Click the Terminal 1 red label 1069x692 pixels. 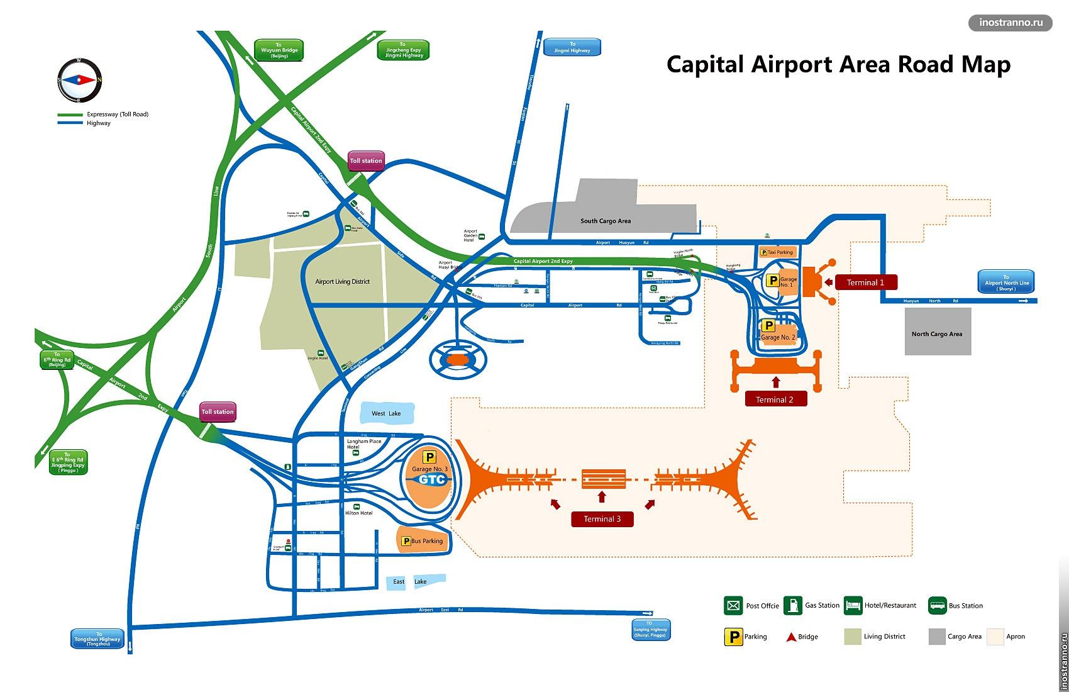click(865, 282)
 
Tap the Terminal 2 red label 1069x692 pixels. click(775, 399)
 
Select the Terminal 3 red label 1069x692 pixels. click(602, 519)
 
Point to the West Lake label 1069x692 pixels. click(386, 413)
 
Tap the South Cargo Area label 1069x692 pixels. click(605, 221)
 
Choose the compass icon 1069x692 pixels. click(79, 80)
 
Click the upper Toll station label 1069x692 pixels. click(365, 160)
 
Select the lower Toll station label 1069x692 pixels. click(217, 412)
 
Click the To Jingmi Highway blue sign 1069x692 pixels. click(572, 47)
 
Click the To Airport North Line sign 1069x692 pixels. click(1006, 282)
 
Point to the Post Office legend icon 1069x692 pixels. click(733, 606)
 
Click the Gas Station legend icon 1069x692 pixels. click(793, 606)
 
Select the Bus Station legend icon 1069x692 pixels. click(938, 606)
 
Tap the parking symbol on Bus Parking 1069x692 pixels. click(406, 541)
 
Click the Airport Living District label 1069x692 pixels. click(342, 282)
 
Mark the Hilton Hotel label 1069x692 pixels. click(358, 513)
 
